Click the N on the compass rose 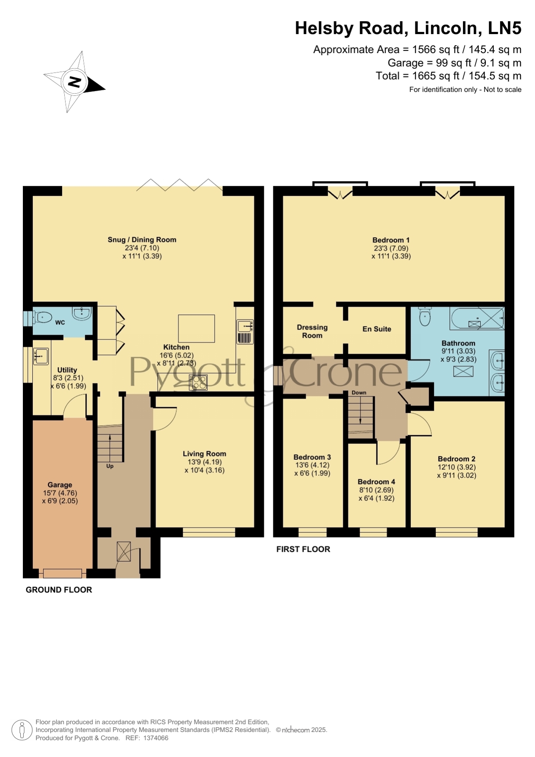click(75, 82)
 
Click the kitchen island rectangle click(197, 328)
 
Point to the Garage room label click(60, 485)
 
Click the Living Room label click(204, 454)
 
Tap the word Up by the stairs click(110, 466)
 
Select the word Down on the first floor click(359, 393)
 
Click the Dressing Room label click(312, 331)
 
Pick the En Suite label click(377, 329)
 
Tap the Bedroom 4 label click(376, 482)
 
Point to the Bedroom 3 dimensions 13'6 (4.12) click(312, 465)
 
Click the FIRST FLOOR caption click(303, 549)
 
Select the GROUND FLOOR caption click(59, 590)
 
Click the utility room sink click(41, 357)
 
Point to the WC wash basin click(81, 314)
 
